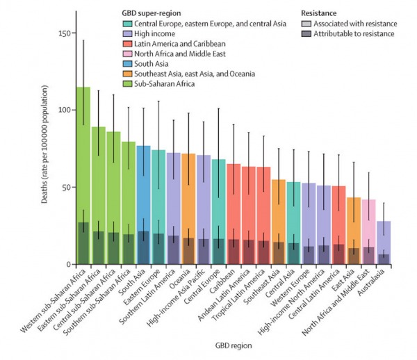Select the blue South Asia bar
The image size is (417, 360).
coord(144,202)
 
